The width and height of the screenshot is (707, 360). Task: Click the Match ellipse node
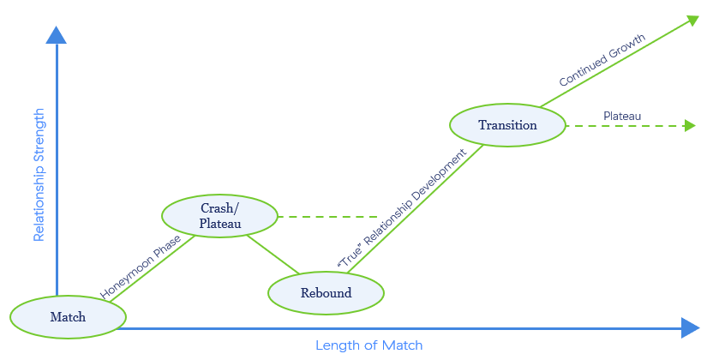pyautogui.click(x=68, y=317)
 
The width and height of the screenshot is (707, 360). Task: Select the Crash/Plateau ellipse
pyautogui.click(x=220, y=216)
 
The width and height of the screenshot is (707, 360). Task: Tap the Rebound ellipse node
pyautogui.click(x=326, y=293)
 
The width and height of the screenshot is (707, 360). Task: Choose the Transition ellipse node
pyautogui.click(x=507, y=125)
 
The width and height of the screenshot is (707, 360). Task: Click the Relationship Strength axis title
pyautogui.click(x=39, y=175)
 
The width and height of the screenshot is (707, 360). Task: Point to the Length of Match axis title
pyautogui.click(x=368, y=345)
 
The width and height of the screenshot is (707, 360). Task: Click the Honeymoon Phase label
pyautogui.click(x=141, y=267)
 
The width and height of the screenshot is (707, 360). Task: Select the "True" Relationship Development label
pyautogui.click(x=403, y=209)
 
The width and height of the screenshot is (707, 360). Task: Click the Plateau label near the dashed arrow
pyautogui.click(x=622, y=116)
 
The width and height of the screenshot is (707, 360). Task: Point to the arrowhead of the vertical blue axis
pyautogui.click(x=57, y=34)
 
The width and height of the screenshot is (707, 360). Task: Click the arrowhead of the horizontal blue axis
pyautogui.click(x=691, y=327)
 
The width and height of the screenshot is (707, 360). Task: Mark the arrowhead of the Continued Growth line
pyautogui.click(x=691, y=19)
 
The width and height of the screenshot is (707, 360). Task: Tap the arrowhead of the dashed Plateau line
pyautogui.click(x=689, y=126)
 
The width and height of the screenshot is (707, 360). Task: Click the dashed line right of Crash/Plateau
pyautogui.click(x=329, y=217)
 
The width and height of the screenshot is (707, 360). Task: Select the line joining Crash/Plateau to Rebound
pyautogui.click(x=273, y=255)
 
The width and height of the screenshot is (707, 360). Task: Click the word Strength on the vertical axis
pyautogui.click(x=39, y=136)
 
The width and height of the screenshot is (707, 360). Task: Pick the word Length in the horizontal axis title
pyautogui.click(x=334, y=345)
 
